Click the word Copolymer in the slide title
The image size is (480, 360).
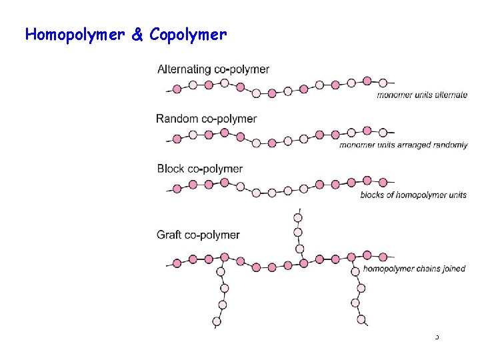tap(188, 35)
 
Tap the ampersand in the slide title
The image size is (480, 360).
tap(137, 35)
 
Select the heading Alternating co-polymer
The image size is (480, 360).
tap(213, 69)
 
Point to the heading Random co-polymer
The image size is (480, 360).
tap(206, 119)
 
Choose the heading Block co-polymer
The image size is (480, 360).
tap(199, 169)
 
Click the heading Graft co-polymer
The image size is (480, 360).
tap(198, 235)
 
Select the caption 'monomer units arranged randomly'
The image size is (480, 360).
tap(403, 145)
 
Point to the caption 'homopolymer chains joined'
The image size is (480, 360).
tap(414, 269)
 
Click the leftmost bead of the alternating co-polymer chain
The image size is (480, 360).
tap(177, 89)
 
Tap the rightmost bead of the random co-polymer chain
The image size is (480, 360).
tap(383, 132)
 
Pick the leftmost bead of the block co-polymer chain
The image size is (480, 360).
tap(177, 189)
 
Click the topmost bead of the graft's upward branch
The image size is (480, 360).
tap(298, 217)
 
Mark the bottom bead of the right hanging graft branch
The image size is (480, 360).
tap(361, 320)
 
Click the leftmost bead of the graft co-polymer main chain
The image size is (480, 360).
tap(177, 263)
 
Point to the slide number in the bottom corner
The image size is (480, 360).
tap(437, 337)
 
